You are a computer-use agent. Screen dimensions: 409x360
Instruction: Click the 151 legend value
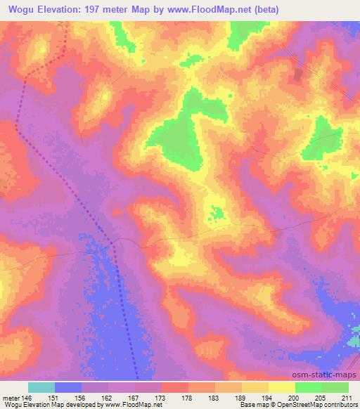pyautogui.click(x=55, y=397)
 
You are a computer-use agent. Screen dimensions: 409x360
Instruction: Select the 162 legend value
pyautogui.click(x=108, y=397)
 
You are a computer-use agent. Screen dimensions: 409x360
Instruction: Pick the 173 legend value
pyautogui.click(x=162, y=397)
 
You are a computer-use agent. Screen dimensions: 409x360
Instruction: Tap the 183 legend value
pyautogui.click(x=215, y=397)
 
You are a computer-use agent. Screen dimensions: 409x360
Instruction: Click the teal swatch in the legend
pyautogui.click(x=41, y=387)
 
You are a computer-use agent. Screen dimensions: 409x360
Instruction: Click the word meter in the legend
pyautogui.click(x=11, y=397)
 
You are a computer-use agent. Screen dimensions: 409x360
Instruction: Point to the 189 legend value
pyautogui.click(x=242, y=397)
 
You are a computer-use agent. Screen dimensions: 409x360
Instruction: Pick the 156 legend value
pyautogui.click(x=82, y=397)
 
